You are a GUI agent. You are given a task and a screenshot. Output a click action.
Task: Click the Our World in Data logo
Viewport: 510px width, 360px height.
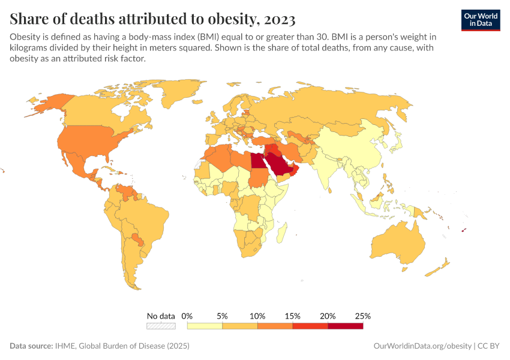pos(481,20)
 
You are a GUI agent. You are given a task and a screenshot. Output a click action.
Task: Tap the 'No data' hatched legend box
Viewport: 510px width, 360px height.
pos(161,326)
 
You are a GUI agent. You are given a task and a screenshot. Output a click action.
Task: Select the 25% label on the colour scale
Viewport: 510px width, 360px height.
pos(363,316)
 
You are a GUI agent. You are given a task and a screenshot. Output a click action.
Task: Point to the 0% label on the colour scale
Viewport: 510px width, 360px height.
pos(187,316)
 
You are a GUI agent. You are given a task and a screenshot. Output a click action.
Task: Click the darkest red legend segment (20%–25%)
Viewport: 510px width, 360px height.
pos(346,326)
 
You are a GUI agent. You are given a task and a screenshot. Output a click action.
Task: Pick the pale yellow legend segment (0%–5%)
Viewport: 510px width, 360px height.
pos(205,326)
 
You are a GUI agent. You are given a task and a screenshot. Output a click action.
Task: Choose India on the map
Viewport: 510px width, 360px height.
pos(329,171)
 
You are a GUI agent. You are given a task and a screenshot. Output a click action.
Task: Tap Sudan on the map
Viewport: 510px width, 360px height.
pos(259,178)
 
